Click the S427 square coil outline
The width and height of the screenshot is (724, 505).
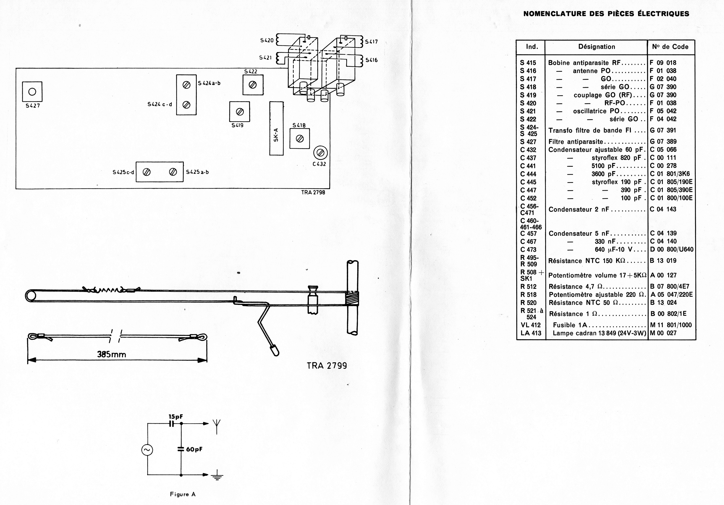(x=32, y=92)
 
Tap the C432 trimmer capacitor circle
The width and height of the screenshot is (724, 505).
(x=320, y=153)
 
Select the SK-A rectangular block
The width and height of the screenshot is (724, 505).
(x=276, y=128)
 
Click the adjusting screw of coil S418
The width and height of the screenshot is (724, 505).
(x=300, y=139)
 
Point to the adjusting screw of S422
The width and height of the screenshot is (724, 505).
(x=253, y=85)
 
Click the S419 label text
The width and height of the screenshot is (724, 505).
(x=237, y=125)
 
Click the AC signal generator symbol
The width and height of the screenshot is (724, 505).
(x=147, y=450)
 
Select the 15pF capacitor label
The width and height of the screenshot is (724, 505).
(x=176, y=417)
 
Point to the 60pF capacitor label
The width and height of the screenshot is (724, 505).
(x=194, y=449)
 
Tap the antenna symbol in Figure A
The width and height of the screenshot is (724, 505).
(x=217, y=425)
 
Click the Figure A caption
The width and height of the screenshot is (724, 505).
(x=183, y=494)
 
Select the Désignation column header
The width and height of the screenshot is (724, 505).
(x=596, y=47)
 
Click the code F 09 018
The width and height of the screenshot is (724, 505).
(x=663, y=63)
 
